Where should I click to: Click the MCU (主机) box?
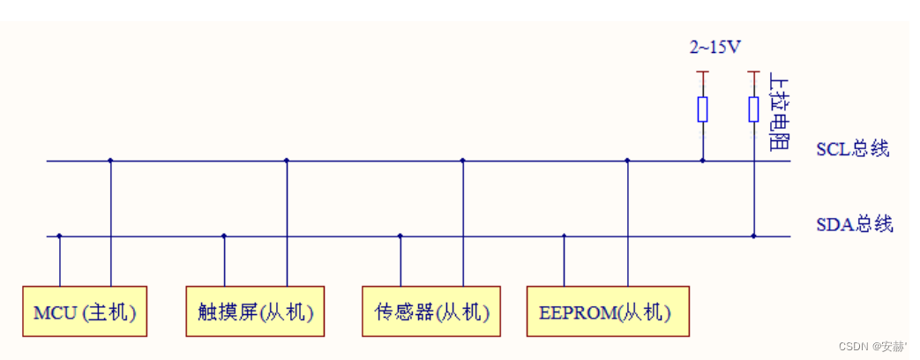point(85,311)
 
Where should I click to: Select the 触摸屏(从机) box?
point(255,311)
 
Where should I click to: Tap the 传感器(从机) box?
point(431,311)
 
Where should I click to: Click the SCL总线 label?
point(852,148)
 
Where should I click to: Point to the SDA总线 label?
point(854,224)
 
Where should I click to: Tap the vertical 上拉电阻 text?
point(779,111)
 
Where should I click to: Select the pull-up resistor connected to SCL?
point(702,109)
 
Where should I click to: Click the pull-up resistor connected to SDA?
point(753,109)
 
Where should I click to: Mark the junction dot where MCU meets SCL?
point(110,161)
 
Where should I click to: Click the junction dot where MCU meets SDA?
point(59,236)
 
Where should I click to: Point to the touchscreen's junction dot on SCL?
point(287,161)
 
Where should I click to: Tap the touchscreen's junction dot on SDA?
point(224,236)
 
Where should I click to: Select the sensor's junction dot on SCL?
point(463,161)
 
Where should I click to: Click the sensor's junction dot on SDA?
point(400,236)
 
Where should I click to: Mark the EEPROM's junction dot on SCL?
point(627,161)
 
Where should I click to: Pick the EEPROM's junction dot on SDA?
point(565,236)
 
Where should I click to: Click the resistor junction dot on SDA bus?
point(753,236)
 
